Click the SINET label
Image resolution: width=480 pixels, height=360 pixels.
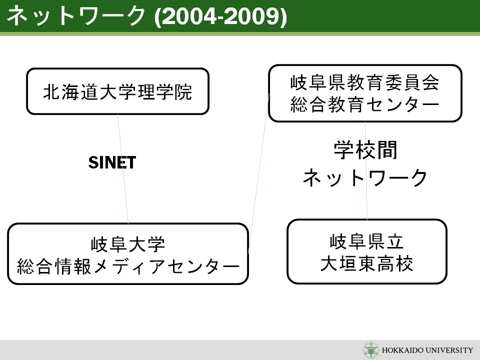click(x=112, y=162)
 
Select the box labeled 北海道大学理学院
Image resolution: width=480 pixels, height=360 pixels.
click(x=118, y=91)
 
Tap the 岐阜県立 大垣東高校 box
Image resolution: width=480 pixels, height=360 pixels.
click(x=367, y=251)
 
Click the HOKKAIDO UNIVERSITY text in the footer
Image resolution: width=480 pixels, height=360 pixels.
click(x=427, y=350)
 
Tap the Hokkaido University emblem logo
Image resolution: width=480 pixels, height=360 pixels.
click(x=371, y=350)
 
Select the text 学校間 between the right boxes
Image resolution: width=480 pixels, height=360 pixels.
click(x=365, y=150)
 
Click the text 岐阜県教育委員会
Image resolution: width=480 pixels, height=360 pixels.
click(x=365, y=82)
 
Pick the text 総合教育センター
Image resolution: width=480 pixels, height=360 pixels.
click(x=365, y=104)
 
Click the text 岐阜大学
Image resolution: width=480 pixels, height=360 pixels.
click(x=128, y=244)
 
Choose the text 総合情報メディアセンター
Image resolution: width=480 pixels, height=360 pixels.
click(x=128, y=266)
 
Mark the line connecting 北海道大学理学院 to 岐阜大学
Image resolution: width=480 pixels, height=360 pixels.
click(x=123, y=169)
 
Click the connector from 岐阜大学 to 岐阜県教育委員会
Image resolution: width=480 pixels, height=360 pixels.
click(x=258, y=173)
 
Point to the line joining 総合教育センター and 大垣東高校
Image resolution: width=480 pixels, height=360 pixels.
click(x=366, y=170)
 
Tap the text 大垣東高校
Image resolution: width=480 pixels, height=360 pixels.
click(x=366, y=263)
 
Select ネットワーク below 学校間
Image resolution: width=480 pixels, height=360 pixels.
click(x=365, y=178)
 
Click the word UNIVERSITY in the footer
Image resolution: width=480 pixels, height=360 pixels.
click(x=449, y=350)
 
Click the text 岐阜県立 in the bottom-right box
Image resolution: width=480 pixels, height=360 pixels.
click(x=366, y=241)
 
